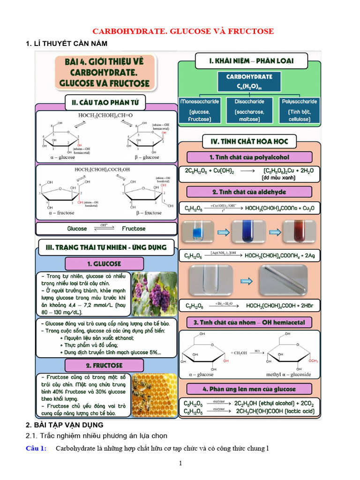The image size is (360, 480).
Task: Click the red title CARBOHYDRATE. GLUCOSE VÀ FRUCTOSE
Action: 183,31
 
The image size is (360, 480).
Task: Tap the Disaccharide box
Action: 249,111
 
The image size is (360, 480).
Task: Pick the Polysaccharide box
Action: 300,111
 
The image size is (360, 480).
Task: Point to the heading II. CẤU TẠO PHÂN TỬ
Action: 105,102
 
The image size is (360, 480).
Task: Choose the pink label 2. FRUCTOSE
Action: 104,365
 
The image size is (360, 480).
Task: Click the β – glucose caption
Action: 144,157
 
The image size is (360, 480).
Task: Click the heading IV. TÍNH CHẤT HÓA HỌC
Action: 249,140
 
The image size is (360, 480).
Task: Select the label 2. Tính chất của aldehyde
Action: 248,192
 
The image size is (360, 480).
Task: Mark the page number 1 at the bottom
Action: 180,464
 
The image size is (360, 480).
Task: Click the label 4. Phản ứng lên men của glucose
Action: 249,389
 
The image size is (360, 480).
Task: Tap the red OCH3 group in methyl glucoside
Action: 313,361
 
